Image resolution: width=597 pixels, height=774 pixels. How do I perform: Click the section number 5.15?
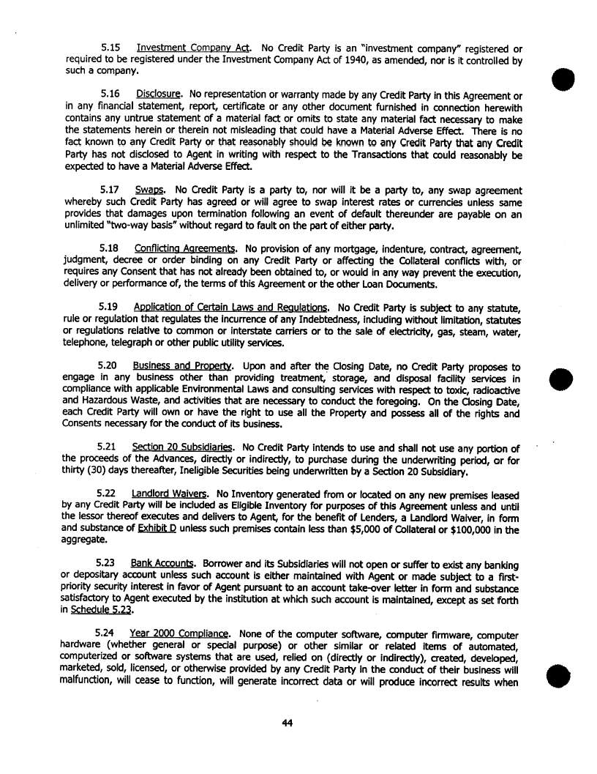click(110, 48)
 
